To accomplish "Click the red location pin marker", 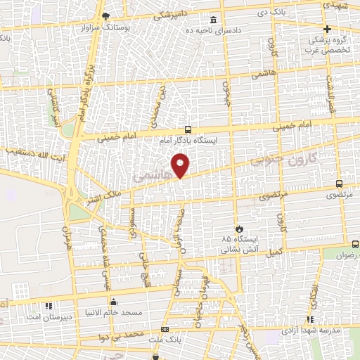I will [181, 165].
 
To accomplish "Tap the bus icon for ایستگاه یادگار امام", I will [188, 129].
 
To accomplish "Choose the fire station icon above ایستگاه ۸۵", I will [238, 228].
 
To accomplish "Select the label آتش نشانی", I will [235, 250].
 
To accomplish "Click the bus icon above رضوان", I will [354, 244].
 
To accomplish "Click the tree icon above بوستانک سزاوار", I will [105, 15].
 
